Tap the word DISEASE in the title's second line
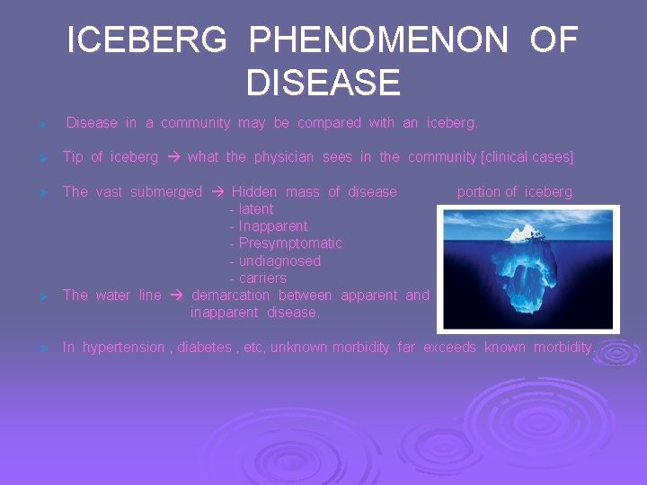[323, 84]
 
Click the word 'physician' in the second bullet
[284, 157]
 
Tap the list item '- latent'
[252, 209]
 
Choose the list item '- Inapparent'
[269, 226]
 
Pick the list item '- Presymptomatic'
[286, 243]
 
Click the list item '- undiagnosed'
[275, 261]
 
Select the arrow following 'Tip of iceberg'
[173, 157]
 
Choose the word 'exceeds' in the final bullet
[449, 348]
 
